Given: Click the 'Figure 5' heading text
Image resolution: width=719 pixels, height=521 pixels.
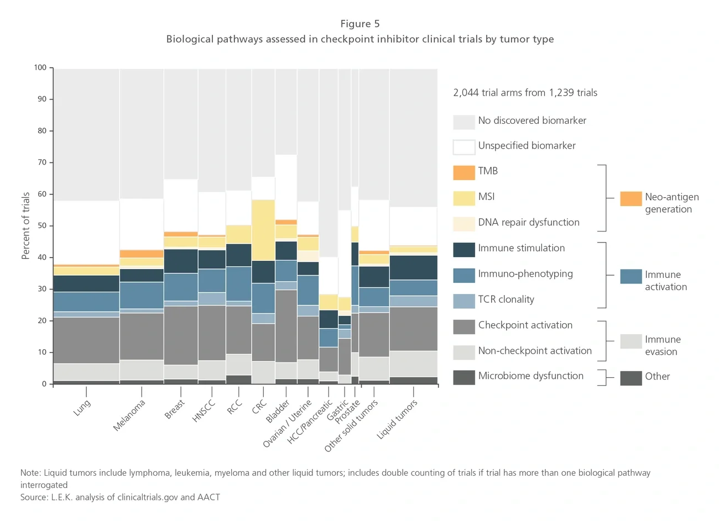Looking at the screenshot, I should click(x=359, y=24).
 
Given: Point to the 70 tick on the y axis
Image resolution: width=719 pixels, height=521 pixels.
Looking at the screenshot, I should click(x=42, y=162).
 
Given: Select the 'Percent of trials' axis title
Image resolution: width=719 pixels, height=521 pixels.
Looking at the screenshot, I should click(x=25, y=225).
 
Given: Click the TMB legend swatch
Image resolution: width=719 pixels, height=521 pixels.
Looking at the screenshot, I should click(x=463, y=172).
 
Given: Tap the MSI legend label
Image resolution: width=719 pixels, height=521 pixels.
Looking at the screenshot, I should click(x=486, y=197).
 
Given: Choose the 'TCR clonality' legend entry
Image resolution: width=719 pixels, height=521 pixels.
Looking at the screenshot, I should click(x=506, y=299).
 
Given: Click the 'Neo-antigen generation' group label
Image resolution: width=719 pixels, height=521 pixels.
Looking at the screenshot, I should click(x=671, y=203).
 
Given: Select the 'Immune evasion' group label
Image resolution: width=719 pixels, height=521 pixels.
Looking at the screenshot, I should click(x=662, y=345).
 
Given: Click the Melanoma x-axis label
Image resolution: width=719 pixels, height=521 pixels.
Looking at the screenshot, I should click(x=129, y=415).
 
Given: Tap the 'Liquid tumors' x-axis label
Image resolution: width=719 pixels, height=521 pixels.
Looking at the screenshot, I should click(x=397, y=419).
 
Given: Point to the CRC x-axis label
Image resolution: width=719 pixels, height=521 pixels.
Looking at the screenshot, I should click(x=259, y=407).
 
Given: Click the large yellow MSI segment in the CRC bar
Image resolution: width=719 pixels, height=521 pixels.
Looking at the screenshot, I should click(x=263, y=230).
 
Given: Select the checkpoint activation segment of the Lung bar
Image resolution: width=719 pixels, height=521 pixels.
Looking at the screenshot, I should click(x=86, y=340).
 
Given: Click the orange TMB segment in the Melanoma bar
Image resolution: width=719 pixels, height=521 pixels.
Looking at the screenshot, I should click(x=142, y=254).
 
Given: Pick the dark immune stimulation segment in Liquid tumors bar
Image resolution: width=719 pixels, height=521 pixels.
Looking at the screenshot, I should click(x=413, y=267).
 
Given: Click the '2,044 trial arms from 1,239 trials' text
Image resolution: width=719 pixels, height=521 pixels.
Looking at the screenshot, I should click(x=525, y=93).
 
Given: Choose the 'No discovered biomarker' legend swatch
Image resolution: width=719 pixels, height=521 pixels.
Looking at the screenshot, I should click(x=463, y=122).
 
